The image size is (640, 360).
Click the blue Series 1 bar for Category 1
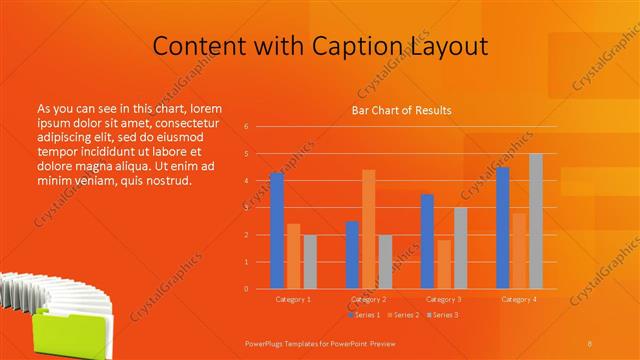click(277, 231)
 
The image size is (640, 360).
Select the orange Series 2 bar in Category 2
click(369, 229)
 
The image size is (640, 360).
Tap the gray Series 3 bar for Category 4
click(536, 221)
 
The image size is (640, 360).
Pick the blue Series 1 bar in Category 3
click(428, 241)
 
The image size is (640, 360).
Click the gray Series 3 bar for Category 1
click(310, 262)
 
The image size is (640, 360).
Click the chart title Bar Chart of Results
click(401, 110)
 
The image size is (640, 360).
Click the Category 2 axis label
click(369, 299)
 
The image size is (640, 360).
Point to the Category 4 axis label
click(519, 299)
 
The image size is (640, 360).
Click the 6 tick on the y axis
click(246, 127)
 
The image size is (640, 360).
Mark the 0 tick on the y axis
click(246, 289)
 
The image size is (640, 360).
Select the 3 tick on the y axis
click(246, 208)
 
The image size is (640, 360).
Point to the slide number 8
click(590, 342)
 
